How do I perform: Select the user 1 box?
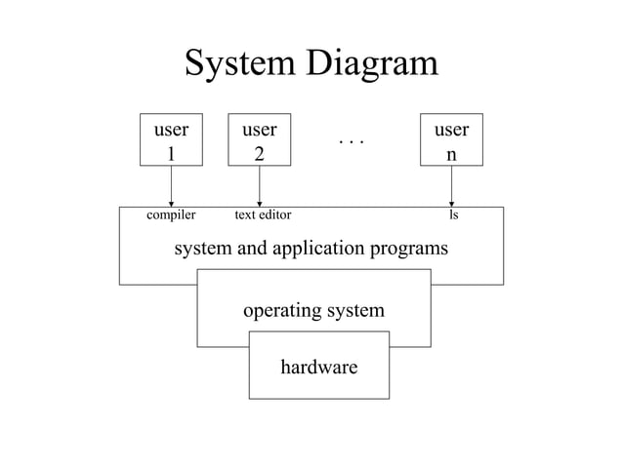171,140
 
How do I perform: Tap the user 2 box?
259,140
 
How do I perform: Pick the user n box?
451,140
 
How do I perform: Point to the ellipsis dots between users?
351,142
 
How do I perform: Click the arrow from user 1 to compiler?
171,186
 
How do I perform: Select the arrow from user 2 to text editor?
259,186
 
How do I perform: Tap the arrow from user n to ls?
451,186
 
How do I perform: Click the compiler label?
171,214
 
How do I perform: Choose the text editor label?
264,214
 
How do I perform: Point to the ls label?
453,214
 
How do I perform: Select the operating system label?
313,311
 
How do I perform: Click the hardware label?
318,368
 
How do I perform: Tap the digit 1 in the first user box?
172,153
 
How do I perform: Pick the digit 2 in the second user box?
259,153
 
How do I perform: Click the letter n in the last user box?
451,154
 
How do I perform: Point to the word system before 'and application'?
202,249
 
